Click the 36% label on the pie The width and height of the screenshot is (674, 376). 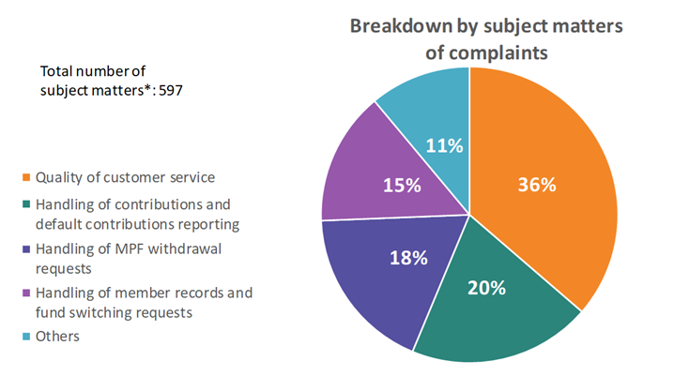click(x=537, y=184)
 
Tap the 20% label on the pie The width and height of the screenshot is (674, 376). click(x=487, y=288)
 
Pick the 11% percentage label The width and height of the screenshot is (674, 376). click(x=444, y=145)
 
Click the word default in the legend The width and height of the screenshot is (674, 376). click(x=59, y=223)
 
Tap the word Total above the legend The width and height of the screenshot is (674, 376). click(x=58, y=71)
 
